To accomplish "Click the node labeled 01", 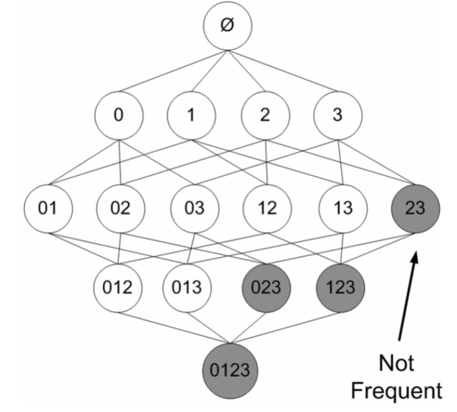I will pyautogui.click(x=48, y=208).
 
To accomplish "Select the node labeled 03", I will pyautogui.click(x=194, y=208).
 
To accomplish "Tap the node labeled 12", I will pyautogui.click(x=267, y=208).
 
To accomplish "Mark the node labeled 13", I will pyautogui.click(x=341, y=208).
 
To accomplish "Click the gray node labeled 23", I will pyautogui.click(x=415, y=208).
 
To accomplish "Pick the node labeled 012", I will pyautogui.click(x=118, y=287).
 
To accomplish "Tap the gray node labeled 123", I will pyautogui.click(x=340, y=287).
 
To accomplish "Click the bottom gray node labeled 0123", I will pyautogui.click(x=230, y=370).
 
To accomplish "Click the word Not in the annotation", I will pyautogui.click(x=398, y=363).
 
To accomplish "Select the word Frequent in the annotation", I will pyautogui.click(x=398, y=389).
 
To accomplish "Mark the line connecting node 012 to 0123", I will pyautogui.click(x=173, y=327).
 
